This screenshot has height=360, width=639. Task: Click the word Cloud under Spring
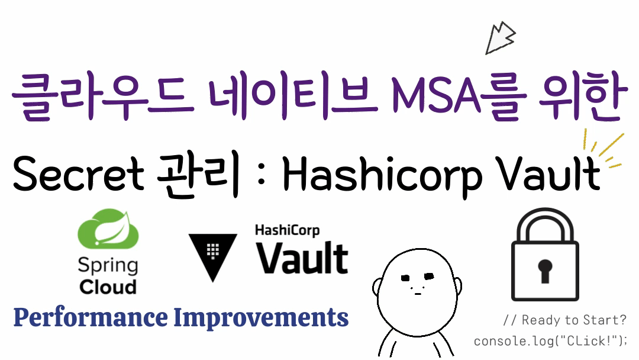[x=108, y=287]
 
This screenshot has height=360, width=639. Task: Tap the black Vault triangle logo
[x=212, y=254]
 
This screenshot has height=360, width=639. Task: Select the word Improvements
[x=261, y=318]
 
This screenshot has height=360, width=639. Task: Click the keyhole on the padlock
[x=544, y=270]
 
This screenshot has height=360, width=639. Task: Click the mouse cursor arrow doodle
[x=499, y=38]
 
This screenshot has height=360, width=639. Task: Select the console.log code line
[x=550, y=342]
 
